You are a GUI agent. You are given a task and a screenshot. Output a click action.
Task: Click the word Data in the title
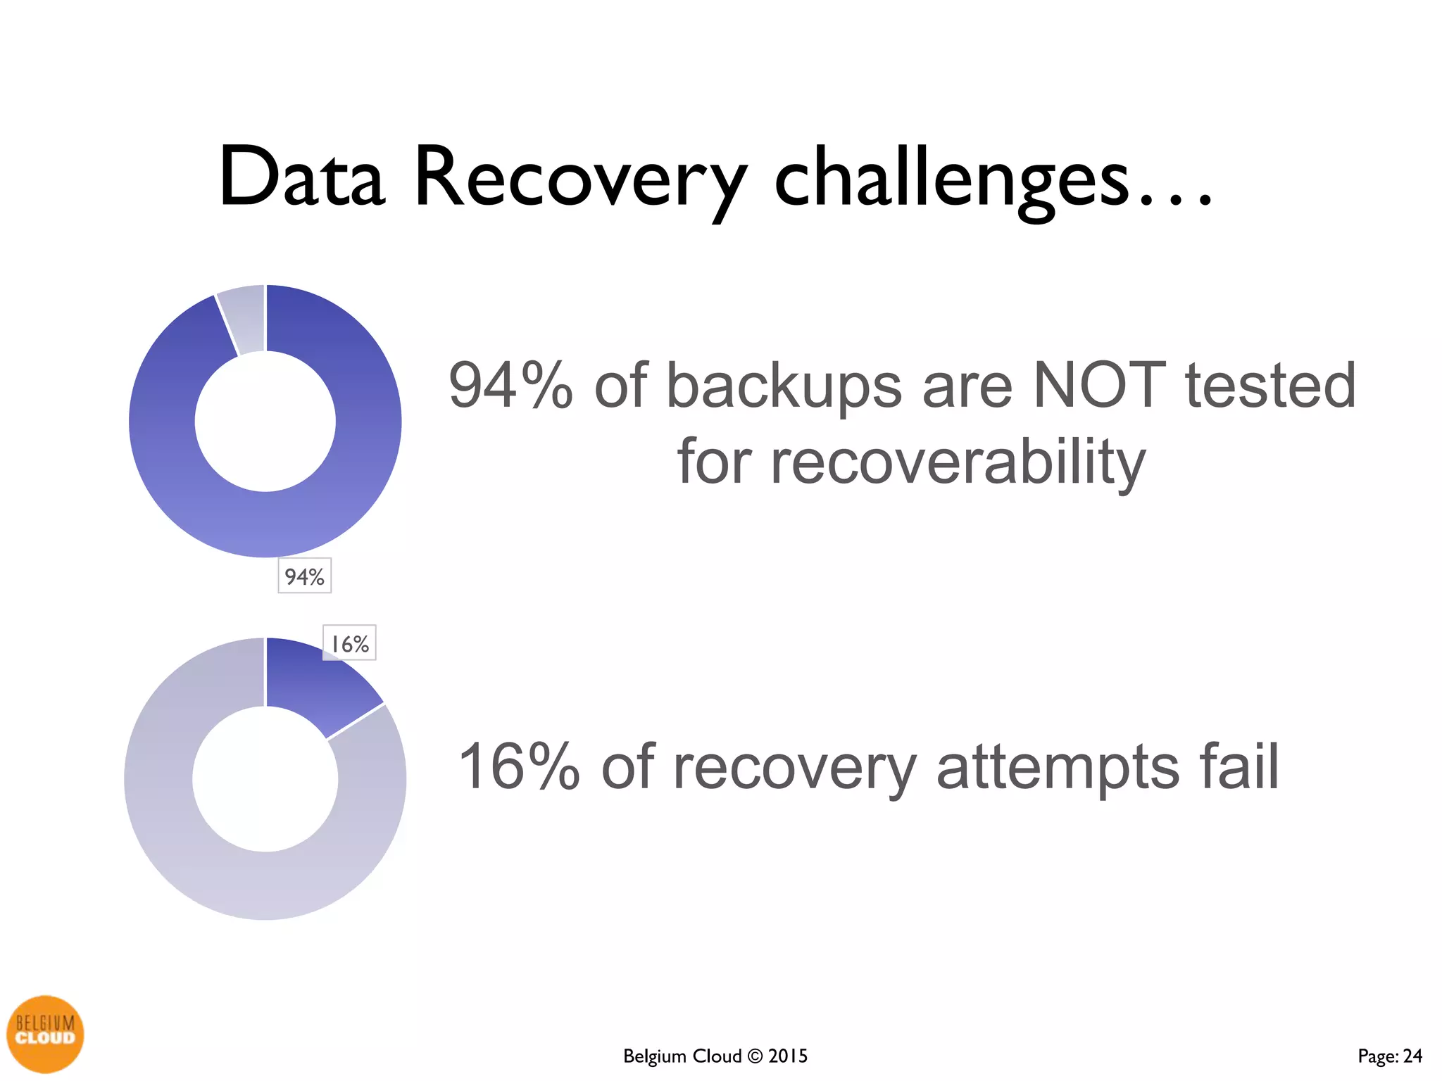(302, 177)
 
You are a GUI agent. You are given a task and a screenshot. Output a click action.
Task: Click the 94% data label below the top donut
(304, 576)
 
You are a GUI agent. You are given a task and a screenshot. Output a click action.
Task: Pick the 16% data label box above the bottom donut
(349, 643)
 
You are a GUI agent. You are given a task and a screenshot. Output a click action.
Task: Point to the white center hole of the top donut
(265, 422)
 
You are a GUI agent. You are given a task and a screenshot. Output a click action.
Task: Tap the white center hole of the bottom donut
(265, 779)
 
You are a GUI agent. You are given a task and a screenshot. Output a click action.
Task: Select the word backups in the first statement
(783, 387)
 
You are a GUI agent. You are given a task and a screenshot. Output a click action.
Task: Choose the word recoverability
(911, 463)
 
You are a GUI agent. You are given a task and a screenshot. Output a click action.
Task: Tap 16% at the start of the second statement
(518, 767)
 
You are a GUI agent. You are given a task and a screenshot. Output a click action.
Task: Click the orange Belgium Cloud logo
(45, 1034)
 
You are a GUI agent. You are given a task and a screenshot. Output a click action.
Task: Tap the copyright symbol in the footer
(755, 1056)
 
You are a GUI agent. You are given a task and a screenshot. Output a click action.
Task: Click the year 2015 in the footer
(788, 1056)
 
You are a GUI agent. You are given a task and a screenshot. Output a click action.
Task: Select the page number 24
(1412, 1056)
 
